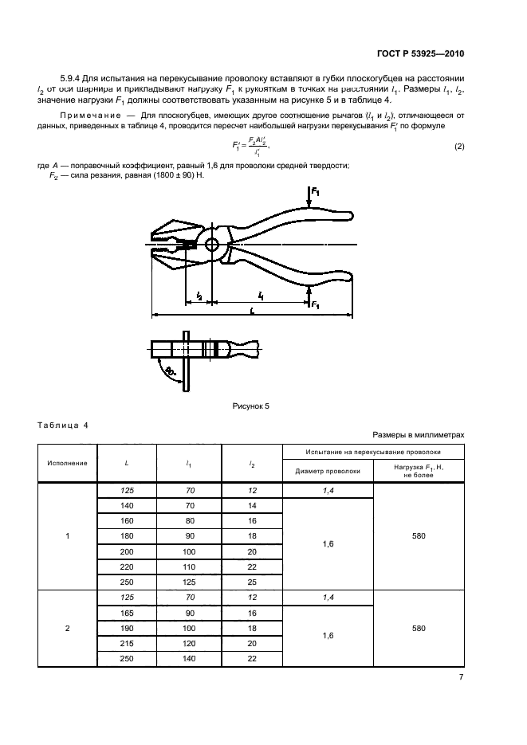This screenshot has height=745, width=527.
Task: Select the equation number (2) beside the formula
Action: click(459, 147)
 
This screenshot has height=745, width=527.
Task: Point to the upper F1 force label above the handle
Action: click(315, 192)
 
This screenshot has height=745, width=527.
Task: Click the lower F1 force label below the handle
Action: click(316, 304)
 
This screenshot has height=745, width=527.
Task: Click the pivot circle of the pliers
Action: click(210, 245)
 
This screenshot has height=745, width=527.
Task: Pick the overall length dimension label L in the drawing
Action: click(253, 312)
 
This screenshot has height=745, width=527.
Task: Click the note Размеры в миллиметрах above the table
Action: click(418, 435)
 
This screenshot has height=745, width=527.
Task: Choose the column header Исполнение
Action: click(67, 462)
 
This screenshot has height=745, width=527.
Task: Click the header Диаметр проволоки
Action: click(328, 470)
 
